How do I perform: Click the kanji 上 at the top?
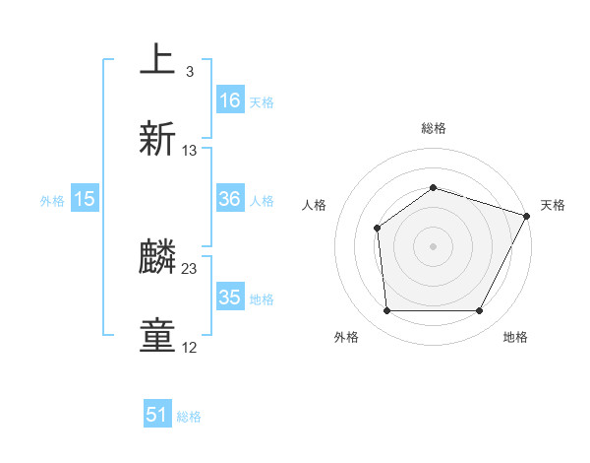coord(157,60)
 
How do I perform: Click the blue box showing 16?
coord(230,100)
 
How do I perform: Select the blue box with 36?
coord(230,199)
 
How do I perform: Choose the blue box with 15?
coord(85,199)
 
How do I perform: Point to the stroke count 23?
coord(190,268)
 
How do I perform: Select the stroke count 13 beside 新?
coord(190,151)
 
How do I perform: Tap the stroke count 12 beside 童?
coord(190,348)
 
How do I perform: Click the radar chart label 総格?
coord(433,128)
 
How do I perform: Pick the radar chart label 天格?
coord(553,205)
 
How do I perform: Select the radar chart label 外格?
coord(346,338)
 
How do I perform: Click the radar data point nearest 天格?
coord(527,215)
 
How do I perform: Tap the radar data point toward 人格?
coord(378,229)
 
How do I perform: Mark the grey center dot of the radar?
coord(433,245)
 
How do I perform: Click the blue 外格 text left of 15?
coord(52,200)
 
